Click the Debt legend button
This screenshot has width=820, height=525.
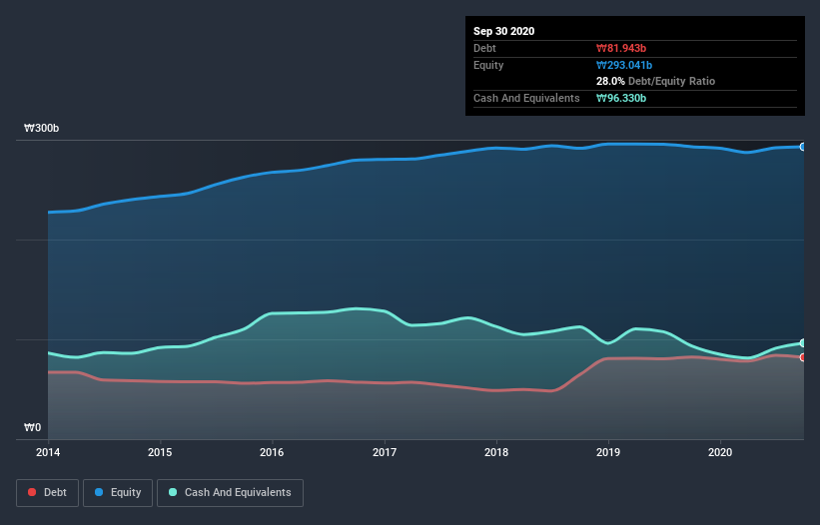(x=46, y=492)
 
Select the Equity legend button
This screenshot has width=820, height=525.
(x=118, y=492)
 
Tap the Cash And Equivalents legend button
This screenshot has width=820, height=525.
(x=230, y=492)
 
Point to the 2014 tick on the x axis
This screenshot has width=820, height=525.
(x=47, y=452)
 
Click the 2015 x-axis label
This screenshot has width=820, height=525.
(x=159, y=452)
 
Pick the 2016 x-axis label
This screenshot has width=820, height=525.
(x=272, y=452)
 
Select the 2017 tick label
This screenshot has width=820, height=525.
(x=384, y=452)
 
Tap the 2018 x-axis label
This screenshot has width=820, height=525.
(x=495, y=452)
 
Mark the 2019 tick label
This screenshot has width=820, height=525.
(x=608, y=452)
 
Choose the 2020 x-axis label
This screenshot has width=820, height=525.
(x=720, y=452)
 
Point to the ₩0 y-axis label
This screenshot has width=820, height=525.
(x=33, y=428)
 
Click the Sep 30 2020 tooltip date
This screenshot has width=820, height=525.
(x=504, y=31)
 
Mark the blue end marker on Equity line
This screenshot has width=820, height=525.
(x=802, y=147)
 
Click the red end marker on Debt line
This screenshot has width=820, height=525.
(x=802, y=357)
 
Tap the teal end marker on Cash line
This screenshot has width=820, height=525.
(x=802, y=343)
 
